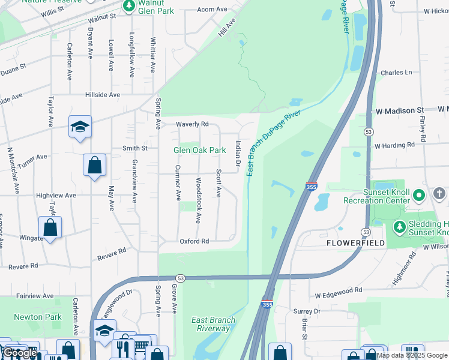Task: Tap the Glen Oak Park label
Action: pyautogui.click(x=199, y=150)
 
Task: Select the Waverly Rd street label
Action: pyautogui.click(x=191, y=124)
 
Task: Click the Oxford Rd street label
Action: pyautogui.click(x=194, y=241)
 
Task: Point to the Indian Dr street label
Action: pyautogui.click(x=238, y=154)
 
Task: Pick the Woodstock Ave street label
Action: pyautogui.click(x=198, y=200)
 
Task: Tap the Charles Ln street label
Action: pyautogui.click(x=396, y=73)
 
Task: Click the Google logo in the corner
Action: pyautogui.click(x=20, y=353)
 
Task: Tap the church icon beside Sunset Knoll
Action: pyautogui.click(x=439, y=194)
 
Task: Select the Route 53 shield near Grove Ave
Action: pyautogui.click(x=179, y=278)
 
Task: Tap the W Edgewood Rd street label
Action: pyautogui.click(x=339, y=289)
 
